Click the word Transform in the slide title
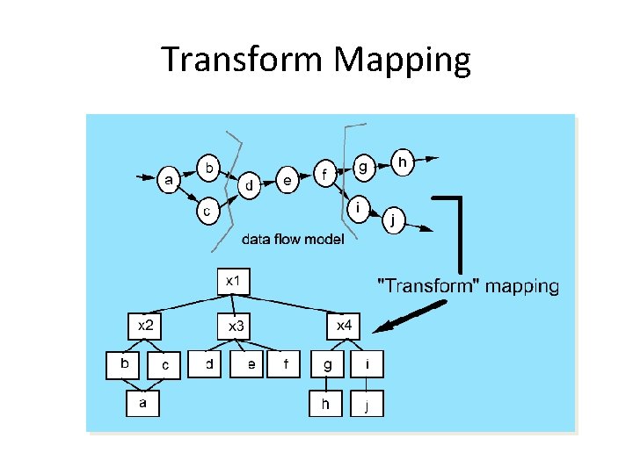pos(244,60)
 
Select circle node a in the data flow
pos(170,180)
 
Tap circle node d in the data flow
pos(251,185)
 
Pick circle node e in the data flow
pos(287,181)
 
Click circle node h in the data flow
pos(402,162)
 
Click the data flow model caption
pos(293,239)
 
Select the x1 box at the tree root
pos(233,281)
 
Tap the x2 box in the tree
pos(147,326)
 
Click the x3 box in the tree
pos(236,327)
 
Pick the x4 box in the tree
pos(345,326)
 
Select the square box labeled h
pos(326,404)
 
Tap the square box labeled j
pos(367,405)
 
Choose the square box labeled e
pos(251,364)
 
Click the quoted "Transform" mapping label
pos(468,285)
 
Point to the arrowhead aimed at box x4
pos(380,329)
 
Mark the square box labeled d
pos(208,364)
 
